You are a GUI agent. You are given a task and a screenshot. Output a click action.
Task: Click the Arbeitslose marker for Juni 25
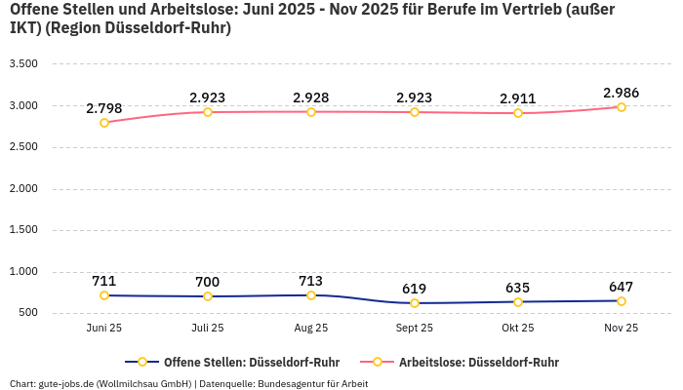tap(104, 123)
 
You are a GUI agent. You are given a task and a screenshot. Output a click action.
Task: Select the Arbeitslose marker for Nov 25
tap(622, 107)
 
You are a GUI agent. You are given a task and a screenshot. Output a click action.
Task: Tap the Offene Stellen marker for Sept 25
tap(415, 303)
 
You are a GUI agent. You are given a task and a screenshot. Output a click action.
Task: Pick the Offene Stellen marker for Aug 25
tap(311, 295)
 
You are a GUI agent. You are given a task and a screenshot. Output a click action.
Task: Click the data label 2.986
tap(622, 93)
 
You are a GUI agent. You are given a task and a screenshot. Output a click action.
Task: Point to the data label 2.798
tap(104, 108)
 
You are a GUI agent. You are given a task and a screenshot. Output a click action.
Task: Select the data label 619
tap(415, 289)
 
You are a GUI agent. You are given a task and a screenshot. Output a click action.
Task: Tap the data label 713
tap(311, 281)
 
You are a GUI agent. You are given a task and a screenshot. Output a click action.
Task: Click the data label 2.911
tap(518, 98)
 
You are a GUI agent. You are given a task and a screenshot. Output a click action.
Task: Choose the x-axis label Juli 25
tap(208, 329)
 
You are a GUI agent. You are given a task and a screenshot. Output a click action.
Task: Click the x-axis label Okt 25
tap(518, 329)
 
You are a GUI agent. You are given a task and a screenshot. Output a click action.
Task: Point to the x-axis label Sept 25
tap(415, 329)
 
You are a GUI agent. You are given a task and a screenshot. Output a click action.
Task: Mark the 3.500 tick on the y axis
tap(22, 64)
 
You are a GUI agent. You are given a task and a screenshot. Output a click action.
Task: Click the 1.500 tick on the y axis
tap(22, 230)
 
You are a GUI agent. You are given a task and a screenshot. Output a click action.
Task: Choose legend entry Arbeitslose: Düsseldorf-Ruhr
tap(478, 362)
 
